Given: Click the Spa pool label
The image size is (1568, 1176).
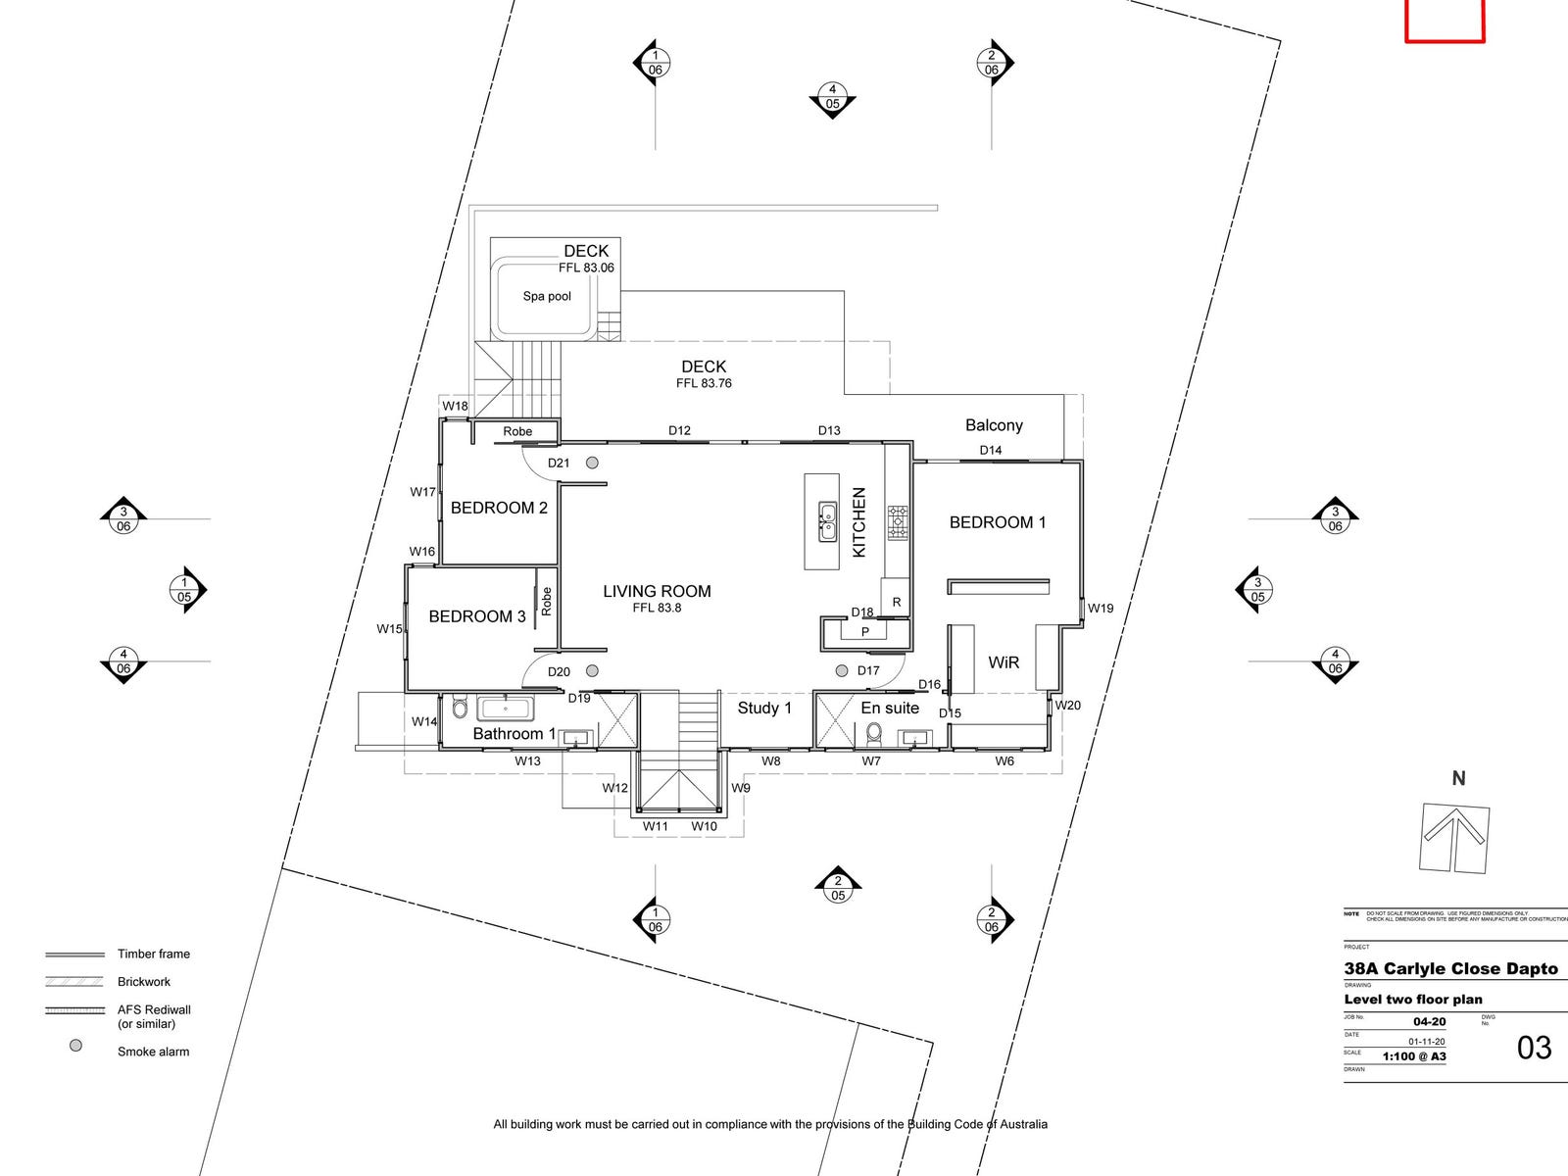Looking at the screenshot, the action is coord(547,296).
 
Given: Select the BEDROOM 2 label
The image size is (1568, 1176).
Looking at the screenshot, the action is coord(499,508).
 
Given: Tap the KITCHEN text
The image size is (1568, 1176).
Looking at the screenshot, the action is coord(859,522).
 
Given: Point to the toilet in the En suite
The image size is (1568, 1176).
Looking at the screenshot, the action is coord(873,732).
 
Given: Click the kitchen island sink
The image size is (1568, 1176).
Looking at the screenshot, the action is coord(828,521).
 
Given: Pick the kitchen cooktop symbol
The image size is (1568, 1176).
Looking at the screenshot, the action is coord(898,522).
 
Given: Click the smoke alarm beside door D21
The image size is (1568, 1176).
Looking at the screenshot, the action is coord(592,463).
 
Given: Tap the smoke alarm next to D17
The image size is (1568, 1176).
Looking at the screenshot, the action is coord(842,671).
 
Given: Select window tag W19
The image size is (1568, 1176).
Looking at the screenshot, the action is coord(1101,609).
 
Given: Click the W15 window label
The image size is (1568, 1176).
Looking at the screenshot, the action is coord(389,629).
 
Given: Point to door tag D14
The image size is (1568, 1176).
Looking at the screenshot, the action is coord(991,451).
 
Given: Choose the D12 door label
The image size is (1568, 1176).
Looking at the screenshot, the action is coord(679,430).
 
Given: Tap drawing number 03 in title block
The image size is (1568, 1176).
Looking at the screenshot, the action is coord(1534,1048).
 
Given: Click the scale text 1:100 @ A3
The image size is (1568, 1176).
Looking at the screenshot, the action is coord(1414,1056).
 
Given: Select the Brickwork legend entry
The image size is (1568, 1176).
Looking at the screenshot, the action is coord(144,982).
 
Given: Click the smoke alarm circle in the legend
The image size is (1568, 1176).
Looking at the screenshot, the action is coord(75,1046).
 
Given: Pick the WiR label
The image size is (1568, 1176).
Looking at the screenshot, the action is coord(1004,662).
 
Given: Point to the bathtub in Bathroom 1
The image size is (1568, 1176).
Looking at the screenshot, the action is coord(504,709).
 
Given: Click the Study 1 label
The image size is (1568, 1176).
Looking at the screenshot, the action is coord(764,708).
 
